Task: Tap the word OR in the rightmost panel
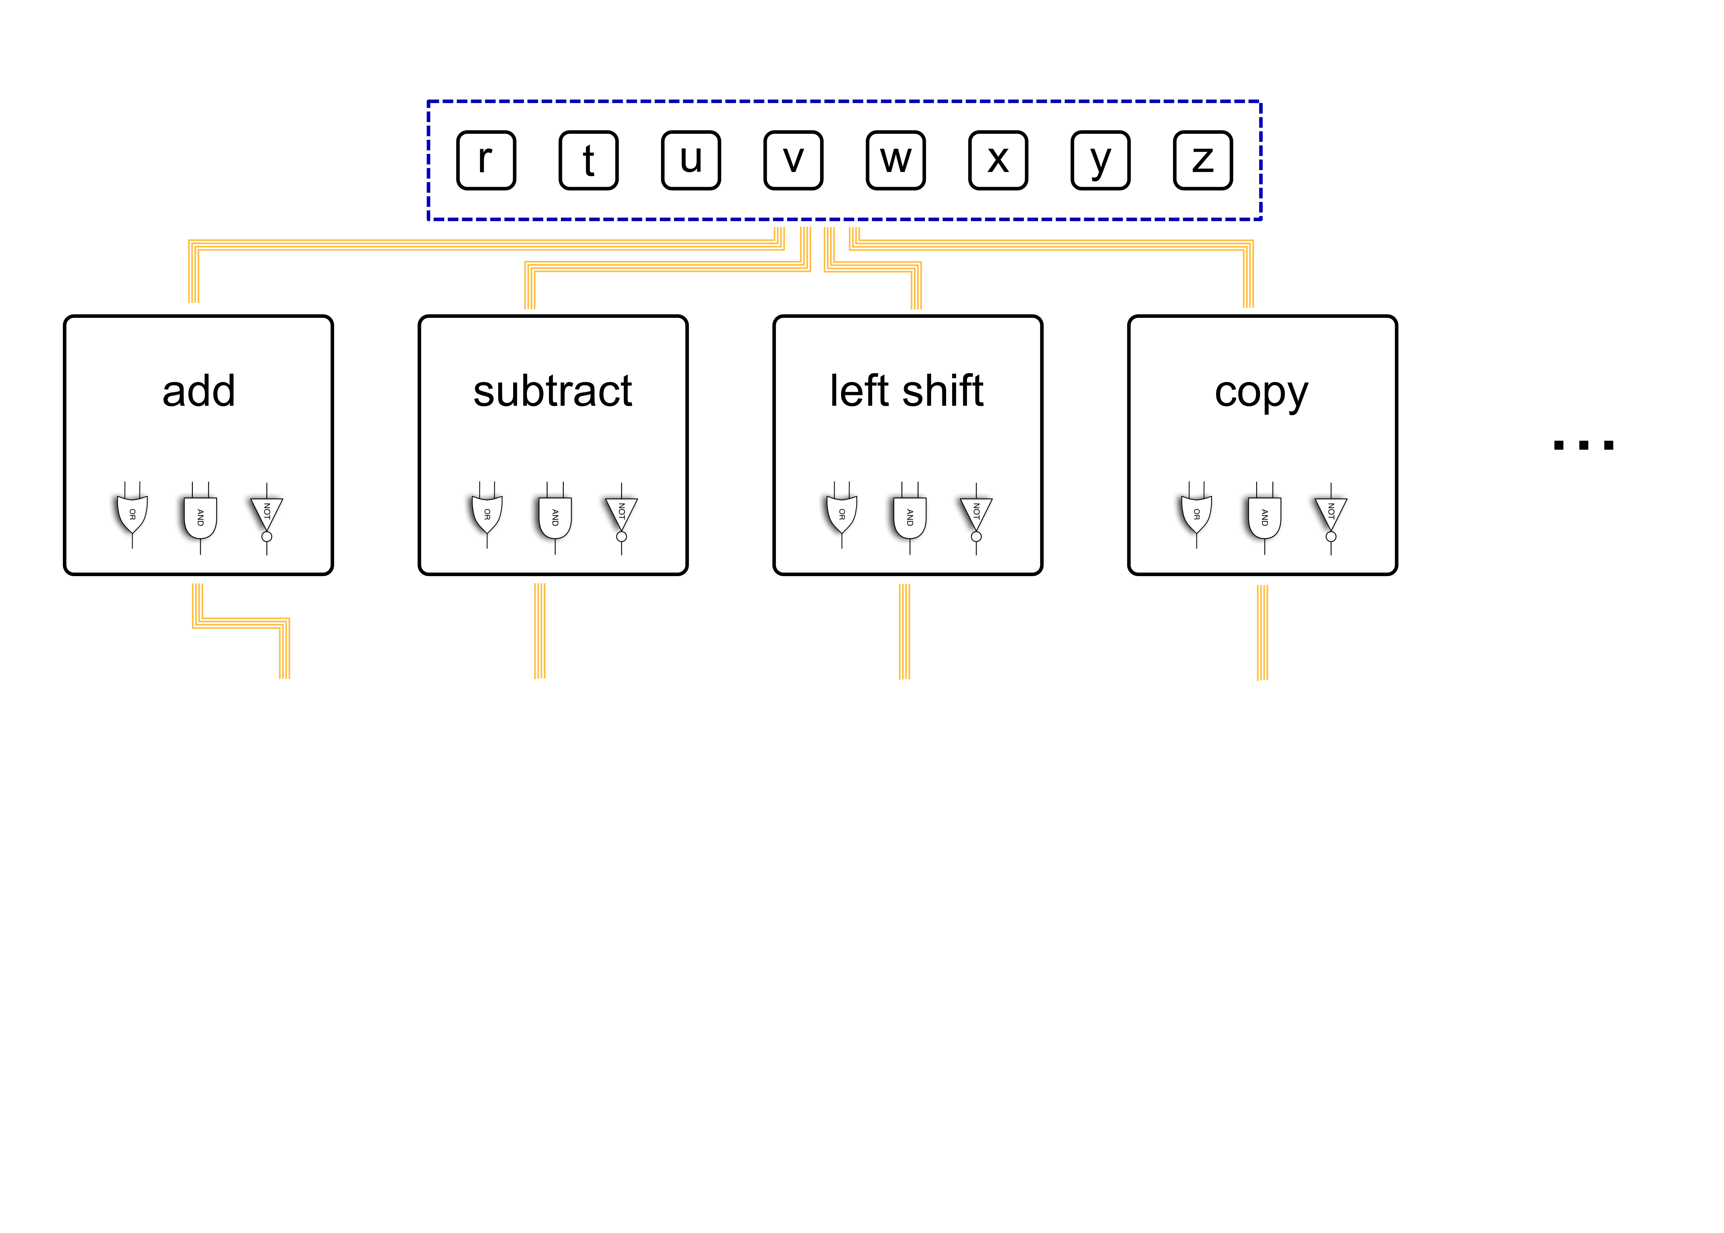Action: [1196, 514]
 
